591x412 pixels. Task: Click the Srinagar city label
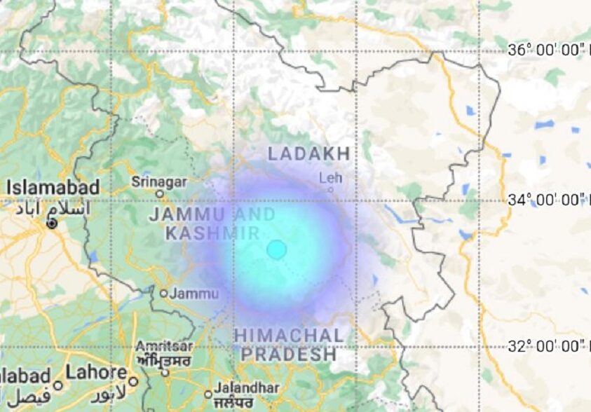(159, 181)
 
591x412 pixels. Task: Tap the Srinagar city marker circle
(159, 193)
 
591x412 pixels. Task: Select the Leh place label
(331, 178)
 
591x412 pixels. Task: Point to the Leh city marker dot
(331, 189)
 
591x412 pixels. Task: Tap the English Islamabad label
(53, 187)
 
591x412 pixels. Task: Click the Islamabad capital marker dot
(52, 224)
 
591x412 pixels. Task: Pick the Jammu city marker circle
(163, 294)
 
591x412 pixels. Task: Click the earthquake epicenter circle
(277, 249)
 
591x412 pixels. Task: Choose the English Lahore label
(97, 372)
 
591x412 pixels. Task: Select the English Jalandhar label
(247, 387)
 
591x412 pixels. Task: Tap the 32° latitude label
(547, 346)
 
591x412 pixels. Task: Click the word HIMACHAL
(289, 336)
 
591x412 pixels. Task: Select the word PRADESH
(289, 355)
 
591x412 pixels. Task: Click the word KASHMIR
(212, 233)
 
